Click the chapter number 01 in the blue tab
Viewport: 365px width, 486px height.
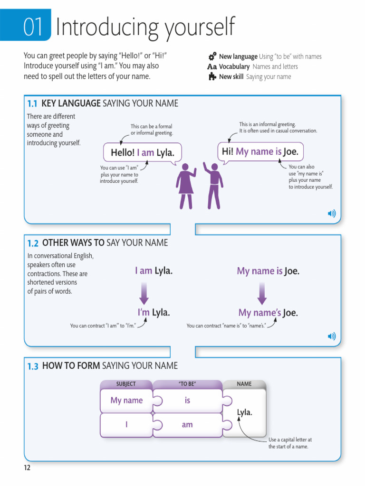pyautogui.click(x=34, y=27)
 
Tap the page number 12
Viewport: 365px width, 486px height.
pyautogui.click(x=27, y=468)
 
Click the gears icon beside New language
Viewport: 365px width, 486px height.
pyautogui.click(x=212, y=56)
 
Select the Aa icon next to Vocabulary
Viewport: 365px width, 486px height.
pyautogui.click(x=212, y=67)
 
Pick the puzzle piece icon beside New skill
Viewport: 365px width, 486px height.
pyautogui.click(x=212, y=76)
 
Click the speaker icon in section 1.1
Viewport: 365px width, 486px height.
pyautogui.click(x=332, y=214)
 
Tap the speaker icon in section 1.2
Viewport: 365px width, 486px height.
pyautogui.click(x=332, y=336)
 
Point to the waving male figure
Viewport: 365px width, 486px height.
pyautogui.click(x=213, y=186)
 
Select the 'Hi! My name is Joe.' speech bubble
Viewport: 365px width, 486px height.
pyautogui.click(x=260, y=152)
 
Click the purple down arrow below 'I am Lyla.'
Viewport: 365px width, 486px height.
pyautogui.click(x=144, y=293)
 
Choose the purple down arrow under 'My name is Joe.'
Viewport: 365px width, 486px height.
pyautogui.click(x=261, y=293)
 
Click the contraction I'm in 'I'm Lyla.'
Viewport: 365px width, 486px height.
pyautogui.click(x=144, y=313)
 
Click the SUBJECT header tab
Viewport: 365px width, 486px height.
pyautogui.click(x=126, y=384)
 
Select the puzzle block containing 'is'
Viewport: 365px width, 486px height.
pyautogui.click(x=188, y=401)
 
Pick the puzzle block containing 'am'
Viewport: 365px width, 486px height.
pyautogui.click(x=188, y=425)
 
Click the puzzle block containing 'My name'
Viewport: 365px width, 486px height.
pyautogui.click(x=126, y=401)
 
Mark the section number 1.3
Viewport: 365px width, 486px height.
pyautogui.click(x=32, y=366)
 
